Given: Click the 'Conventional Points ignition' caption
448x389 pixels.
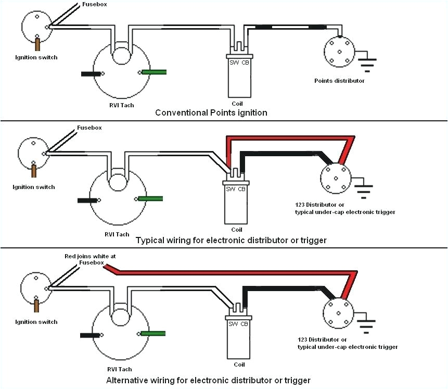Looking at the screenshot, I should coord(211,112).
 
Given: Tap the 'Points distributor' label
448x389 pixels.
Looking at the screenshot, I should coord(339,80).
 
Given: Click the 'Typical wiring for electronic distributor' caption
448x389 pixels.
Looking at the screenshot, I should coord(231,240).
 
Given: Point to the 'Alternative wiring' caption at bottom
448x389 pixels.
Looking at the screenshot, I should coord(208,380).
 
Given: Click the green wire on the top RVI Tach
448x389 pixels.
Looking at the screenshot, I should coord(154,71).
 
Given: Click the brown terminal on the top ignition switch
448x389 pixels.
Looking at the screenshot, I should coord(37,43).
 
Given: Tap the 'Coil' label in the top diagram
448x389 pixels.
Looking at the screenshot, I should coord(237,103).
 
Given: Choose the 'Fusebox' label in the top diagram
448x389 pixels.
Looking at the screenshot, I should coord(95,4).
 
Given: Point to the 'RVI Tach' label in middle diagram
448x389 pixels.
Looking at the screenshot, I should coord(117,234).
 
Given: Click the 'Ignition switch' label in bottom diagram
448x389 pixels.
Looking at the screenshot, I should coord(36,322).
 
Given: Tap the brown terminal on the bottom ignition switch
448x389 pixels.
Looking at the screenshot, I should coord(36,305).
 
